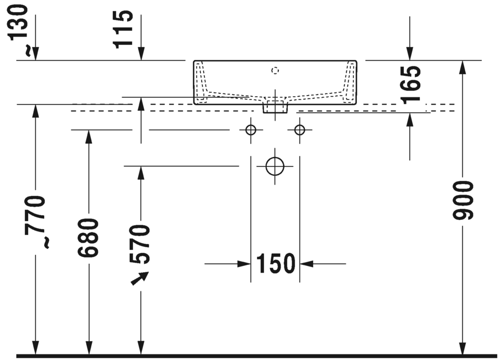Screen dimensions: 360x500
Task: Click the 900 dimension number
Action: point(463,200)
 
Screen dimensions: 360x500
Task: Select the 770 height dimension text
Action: point(36,215)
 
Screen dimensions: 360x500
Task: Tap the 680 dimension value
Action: point(88,238)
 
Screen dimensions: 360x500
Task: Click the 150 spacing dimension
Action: point(275,264)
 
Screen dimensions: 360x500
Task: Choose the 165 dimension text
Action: point(410,84)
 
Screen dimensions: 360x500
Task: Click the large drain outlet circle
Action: point(275,166)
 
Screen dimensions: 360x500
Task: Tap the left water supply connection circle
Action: point(251,131)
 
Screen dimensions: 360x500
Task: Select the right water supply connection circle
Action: point(299,131)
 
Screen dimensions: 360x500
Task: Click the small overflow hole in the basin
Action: point(275,70)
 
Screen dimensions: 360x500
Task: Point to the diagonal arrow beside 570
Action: point(140,278)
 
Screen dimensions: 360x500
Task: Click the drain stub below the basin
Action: point(275,107)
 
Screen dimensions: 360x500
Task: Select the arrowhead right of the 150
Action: point(306,264)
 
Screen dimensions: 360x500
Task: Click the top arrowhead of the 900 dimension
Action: point(463,66)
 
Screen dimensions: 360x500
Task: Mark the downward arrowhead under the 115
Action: point(141,54)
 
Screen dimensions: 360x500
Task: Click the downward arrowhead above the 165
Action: point(410,54)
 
